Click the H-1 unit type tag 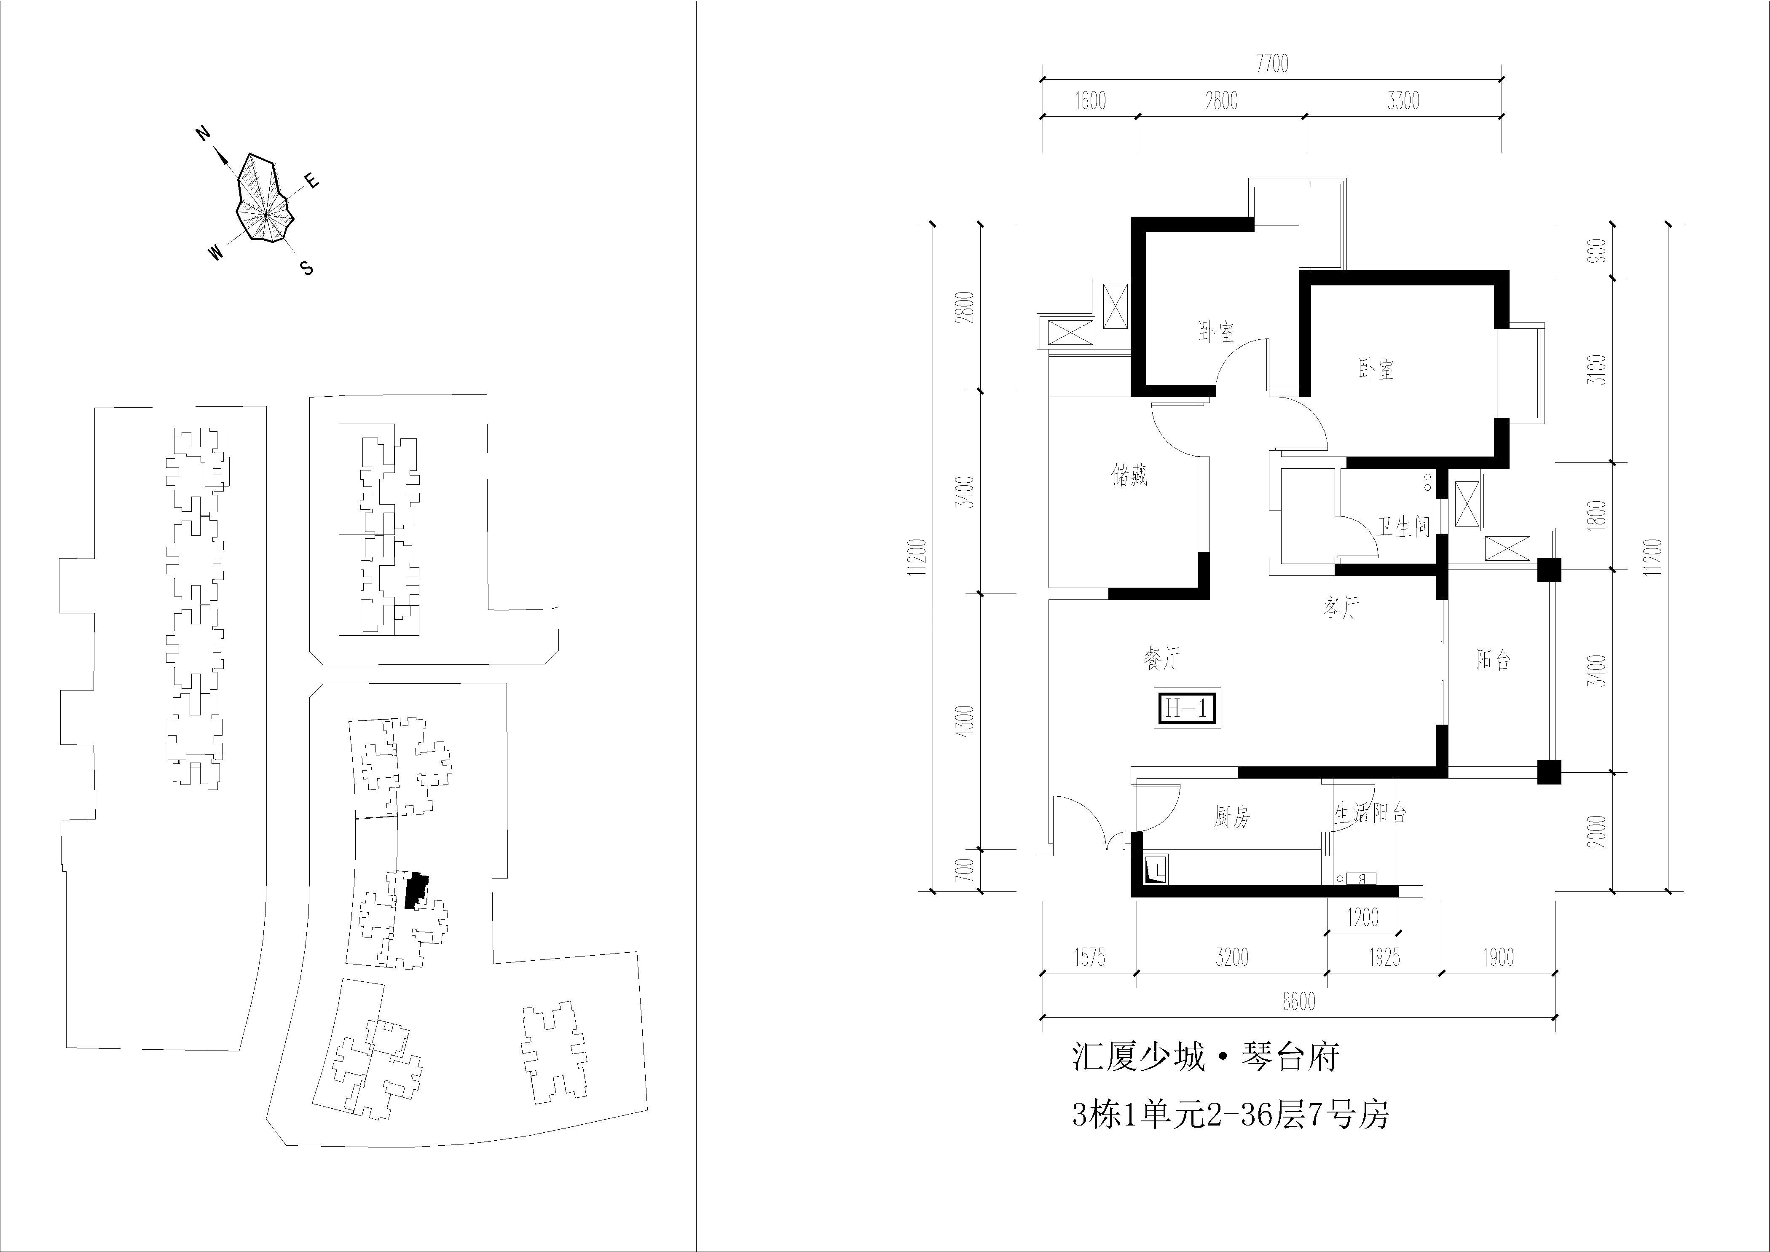click(x=1187, y=707)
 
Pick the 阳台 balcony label click(x=1493, y=659)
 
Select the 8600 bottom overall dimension click(x=1299, y=1002)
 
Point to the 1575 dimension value click(x=1089, y=957)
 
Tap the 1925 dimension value click(x=1384, y=957)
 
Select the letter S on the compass click(x=307, y=268)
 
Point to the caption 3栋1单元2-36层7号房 click(x=1231, y=1115)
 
